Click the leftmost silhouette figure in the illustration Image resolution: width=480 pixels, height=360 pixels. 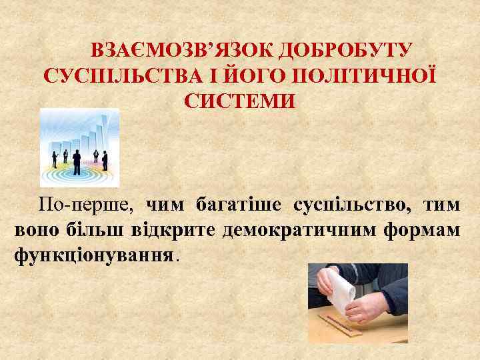point(55,159)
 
